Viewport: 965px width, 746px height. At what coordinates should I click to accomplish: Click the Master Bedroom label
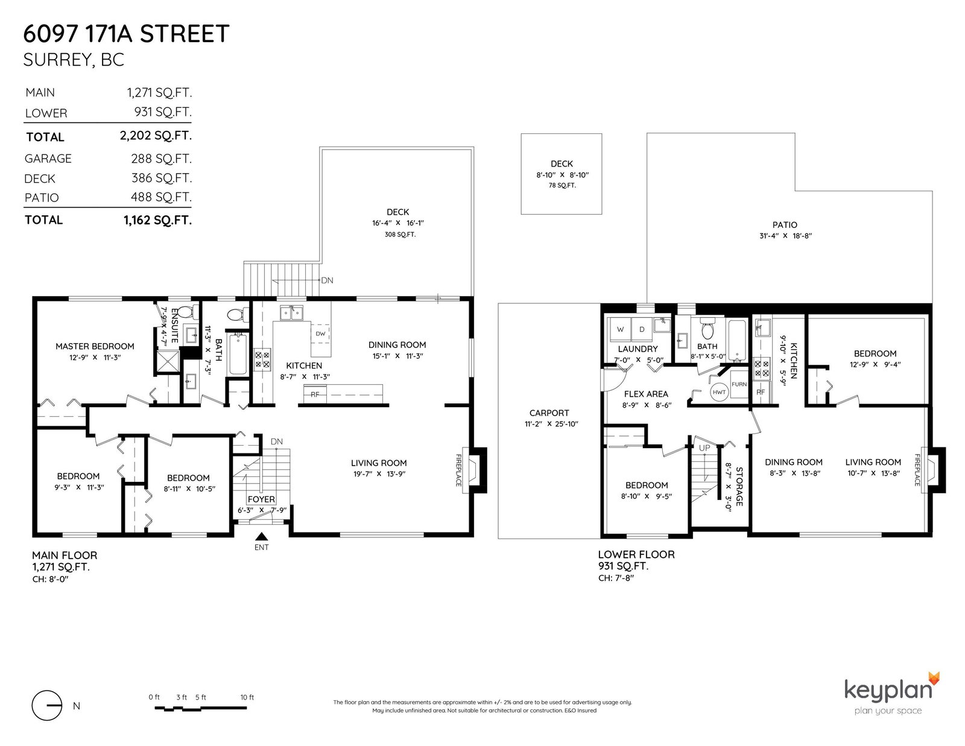pos(95,346)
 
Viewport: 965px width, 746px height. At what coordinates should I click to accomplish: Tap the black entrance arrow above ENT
pos(262,536)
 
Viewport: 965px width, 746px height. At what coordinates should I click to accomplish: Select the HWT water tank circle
pos(719,392)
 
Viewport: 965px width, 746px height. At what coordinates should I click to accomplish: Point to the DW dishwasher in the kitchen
pos(320,333)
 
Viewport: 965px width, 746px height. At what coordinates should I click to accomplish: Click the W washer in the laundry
pos(621,329)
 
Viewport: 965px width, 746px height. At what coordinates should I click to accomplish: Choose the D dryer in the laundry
pos(642,329)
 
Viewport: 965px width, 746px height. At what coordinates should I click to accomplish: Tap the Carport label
pos(549,413)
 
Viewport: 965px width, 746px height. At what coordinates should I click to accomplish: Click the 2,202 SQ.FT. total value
pos(156,136)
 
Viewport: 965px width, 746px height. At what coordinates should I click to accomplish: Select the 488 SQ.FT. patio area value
pos(161,197)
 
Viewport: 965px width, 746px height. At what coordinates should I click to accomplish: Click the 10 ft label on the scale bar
pos(247,698)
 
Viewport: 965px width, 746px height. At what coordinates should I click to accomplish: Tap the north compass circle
pos(46,706)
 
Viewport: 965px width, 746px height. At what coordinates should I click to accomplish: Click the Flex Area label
pos(646,394)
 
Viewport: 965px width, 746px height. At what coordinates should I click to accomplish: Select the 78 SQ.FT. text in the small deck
pos(562,185)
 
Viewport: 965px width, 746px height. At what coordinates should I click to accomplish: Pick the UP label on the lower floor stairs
pos(704,448)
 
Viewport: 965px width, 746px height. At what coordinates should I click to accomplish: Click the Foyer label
pos(261,499)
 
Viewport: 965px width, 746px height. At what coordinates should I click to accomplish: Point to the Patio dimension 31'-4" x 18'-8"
pos(785,236)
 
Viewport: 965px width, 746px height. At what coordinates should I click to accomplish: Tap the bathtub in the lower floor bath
pos(738,341)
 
